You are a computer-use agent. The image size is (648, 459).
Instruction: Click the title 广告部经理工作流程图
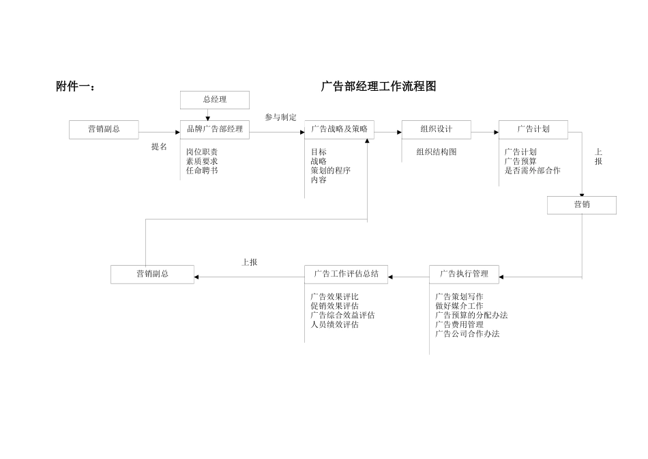click(x=379, y=86)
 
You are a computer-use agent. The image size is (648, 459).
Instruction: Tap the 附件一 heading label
click(x=76, y=86)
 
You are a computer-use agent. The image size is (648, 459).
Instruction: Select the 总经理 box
click(x=215, y=100)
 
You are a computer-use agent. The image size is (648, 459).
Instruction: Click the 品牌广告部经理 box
click(x=215, y=129)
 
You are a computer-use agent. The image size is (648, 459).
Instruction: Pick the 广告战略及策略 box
click(x=339, y=129)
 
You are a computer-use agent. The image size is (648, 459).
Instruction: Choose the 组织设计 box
click(x=436, y=129)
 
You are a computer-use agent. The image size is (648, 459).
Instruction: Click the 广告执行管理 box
click(x=464, y=274)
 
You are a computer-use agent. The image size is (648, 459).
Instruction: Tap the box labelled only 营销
click(x=581, y=205)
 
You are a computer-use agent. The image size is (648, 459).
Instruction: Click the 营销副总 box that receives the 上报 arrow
click(x=152, y=274)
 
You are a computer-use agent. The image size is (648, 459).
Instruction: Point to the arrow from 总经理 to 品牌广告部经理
click(x=208, y=115)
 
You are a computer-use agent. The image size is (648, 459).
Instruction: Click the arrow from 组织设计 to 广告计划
click(x=485, y=132)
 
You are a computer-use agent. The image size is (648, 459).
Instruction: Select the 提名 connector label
click(x=159, y=147)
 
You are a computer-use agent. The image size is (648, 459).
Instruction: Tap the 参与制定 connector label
click(x=281, y=117)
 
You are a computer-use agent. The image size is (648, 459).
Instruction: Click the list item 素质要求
click(x=202, y=161)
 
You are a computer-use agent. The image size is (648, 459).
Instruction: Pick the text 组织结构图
click(x=437, y=152)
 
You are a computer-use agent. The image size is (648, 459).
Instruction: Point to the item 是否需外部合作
click(x=532, y=171)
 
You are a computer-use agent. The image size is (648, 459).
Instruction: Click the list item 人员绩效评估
click(x=334, y=324)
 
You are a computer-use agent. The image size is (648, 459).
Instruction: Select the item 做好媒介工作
click(x=459, y=306)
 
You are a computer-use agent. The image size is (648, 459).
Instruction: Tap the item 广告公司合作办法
click(x=467, y=334)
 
